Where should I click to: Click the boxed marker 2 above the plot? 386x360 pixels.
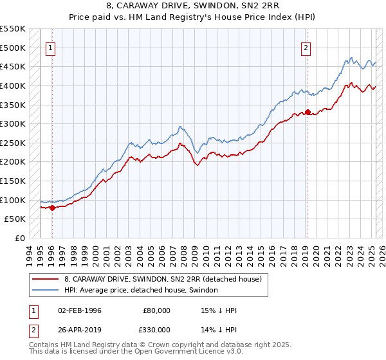(x=306, y=47)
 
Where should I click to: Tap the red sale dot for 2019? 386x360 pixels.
(x=308, y=113)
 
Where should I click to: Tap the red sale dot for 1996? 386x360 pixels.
(x=51, y=208)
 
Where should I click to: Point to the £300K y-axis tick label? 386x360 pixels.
(x=13, y=123)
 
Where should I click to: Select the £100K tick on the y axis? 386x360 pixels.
(x=13, y=200)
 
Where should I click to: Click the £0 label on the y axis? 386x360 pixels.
(x=20, y=238)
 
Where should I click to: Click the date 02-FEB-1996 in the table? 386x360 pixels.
(x=80, y=311)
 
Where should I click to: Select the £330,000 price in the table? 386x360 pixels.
(x=156, y=330)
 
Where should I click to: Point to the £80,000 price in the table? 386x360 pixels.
(x=156, y=311)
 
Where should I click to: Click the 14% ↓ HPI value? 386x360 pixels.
(x=219, y=330)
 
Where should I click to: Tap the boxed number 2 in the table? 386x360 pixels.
(x=33, y=330)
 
